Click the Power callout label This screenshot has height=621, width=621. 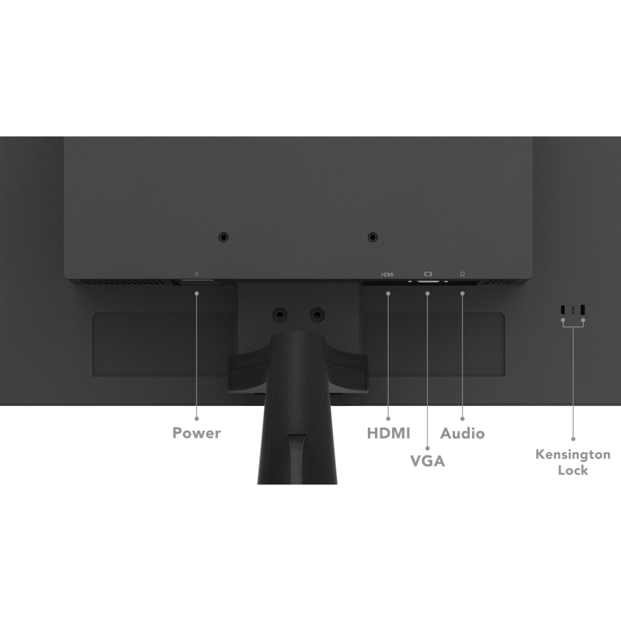(196, 433)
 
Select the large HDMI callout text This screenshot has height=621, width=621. (389, 433)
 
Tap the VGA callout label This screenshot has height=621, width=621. (428, 461)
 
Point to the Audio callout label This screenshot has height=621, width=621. (462, 433)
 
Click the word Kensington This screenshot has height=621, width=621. (573, 454)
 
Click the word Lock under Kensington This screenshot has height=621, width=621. (573, 470)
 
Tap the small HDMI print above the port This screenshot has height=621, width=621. (387, 275)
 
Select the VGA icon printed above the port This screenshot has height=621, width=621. (428, 274)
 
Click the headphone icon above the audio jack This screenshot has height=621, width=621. (462, 274)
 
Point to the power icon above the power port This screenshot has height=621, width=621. (196, 274)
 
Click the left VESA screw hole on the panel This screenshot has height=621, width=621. (224, 238)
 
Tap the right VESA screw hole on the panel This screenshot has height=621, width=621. (373, 238)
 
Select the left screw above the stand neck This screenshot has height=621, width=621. (280, 315)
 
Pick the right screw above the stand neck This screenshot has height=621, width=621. (317, 315)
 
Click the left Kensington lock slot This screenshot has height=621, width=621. (563, 309)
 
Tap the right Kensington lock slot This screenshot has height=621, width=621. (583, 309)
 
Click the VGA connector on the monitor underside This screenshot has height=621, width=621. (428, 282)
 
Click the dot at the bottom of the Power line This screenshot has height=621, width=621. (196, 418)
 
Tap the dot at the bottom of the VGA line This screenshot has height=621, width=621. (428, 449)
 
